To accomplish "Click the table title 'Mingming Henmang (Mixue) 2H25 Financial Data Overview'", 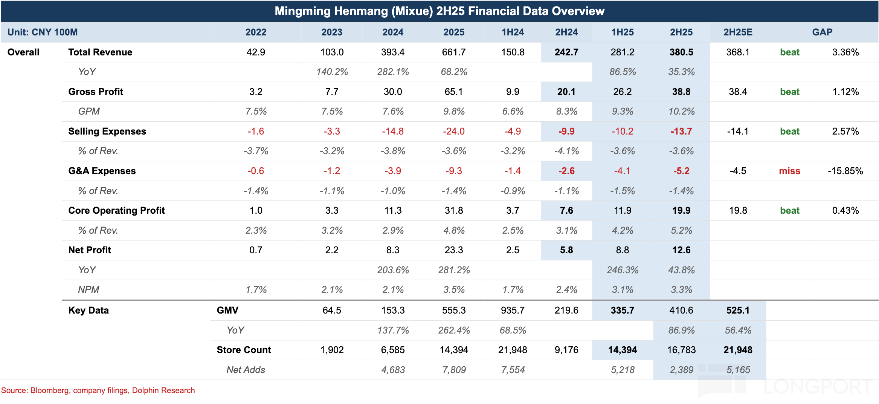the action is pyautogui.click(x=439, y=11).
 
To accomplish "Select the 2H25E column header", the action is pyautogui.click(x=738, y=32).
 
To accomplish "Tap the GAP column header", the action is pyautogui.click(x=822, y=32).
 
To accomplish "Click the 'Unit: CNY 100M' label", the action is pyautogui.click(x=43, y=32).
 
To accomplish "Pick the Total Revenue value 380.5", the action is pyautogui.click(x=681, y=52).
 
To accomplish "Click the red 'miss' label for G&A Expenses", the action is pyautogui.click(x=789, y=171).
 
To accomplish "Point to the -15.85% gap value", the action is pyautogui.click(x=845, y=171).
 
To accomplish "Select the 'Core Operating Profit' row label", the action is pyautogui.click(x=116, y=211).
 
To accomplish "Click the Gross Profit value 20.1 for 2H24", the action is pyautogui.click(x=566, y=92).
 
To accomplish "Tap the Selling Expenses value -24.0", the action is pyautogui.click(x=454, y=132).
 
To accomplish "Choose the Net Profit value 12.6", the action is pyautogui.click(x=681, y=250).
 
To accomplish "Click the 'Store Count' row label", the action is pyautogui.click(x=244, y=350).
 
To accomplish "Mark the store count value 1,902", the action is pyautogui.click(x=332, y=350).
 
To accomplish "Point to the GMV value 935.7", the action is pyautogui.click(x=513, y=311).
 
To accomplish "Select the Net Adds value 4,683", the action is pyautogui.click(x=393, y=370).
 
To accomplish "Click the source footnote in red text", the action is pyautogui.click(x=98, y=390).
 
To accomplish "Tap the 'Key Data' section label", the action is pyautogui.click(x=89, y=311).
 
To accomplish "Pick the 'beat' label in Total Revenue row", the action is pyautogui.click(x=789, y=52).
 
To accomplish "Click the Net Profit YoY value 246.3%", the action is pyautogui.click(x=623, y=270).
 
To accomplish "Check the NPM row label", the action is pyautogui.click(x=89, y=290).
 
